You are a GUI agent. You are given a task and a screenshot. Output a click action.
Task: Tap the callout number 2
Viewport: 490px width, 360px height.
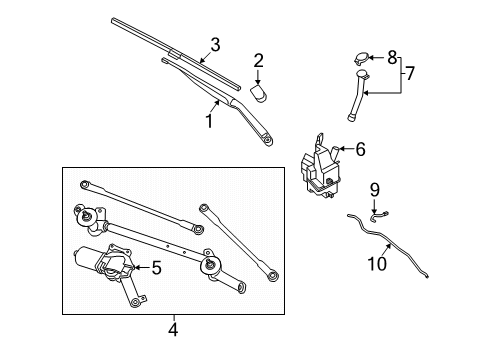click(258, 61)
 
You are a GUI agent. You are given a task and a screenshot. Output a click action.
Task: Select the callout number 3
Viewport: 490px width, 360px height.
click(214, 44)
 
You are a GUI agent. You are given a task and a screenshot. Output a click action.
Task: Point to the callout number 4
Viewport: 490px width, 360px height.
click(172, 327)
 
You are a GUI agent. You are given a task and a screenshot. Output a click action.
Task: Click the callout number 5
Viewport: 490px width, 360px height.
click(157, 267)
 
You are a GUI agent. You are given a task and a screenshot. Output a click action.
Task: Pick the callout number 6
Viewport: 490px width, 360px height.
click(360, 149)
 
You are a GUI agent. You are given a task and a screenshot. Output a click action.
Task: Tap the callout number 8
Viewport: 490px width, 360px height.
click(393, 56)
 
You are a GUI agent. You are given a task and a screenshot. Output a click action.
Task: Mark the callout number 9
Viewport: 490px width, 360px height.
click(375, 189)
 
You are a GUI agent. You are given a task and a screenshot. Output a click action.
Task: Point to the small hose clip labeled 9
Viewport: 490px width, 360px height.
click(377, 212)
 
